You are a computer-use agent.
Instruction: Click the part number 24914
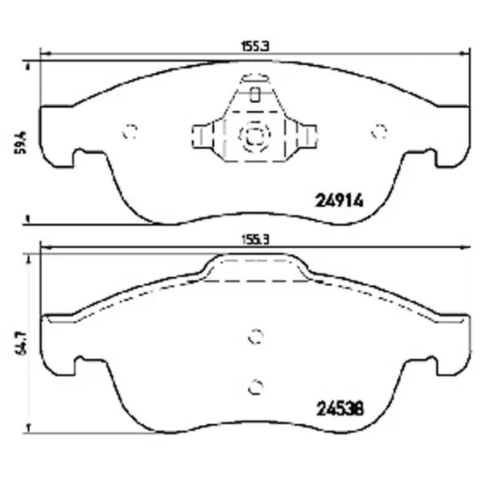[339, 200]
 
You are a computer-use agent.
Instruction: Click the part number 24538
[341, 409]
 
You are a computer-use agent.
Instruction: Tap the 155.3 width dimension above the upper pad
[255, 47]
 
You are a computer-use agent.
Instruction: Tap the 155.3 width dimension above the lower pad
[255, 240]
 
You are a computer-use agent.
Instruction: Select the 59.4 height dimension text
[23, 142]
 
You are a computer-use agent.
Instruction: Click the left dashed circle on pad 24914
[130, 131]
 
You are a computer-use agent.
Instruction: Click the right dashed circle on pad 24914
[379, 131]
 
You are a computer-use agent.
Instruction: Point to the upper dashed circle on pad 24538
[256, 336]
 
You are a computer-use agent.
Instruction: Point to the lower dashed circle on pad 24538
[256, 387]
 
